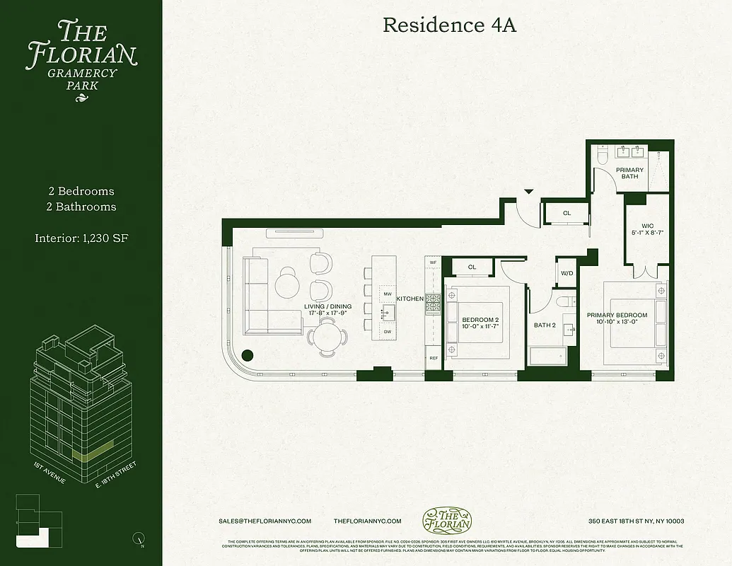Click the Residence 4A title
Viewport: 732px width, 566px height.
click(x=449, y=25)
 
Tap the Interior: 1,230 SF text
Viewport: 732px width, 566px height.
click(x=81, y=238)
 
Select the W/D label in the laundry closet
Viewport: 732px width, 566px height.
click(x=567, y=273)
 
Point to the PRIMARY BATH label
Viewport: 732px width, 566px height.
click(x=629, y=173)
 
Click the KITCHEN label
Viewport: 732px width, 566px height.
click(x=409, y=299)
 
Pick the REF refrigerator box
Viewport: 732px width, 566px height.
click(x=433, y=359)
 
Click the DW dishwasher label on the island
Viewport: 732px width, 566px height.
click(x=387, y=331)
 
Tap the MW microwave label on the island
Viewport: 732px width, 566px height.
click(x=387, y=293)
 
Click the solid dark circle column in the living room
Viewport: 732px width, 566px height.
click(x=248, y=356)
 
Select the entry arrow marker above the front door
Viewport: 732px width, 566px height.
click(x=528, y=191)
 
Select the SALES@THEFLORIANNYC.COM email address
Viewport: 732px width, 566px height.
click(x=265, y=521)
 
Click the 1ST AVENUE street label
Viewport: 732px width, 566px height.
click(x=50, y=473)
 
